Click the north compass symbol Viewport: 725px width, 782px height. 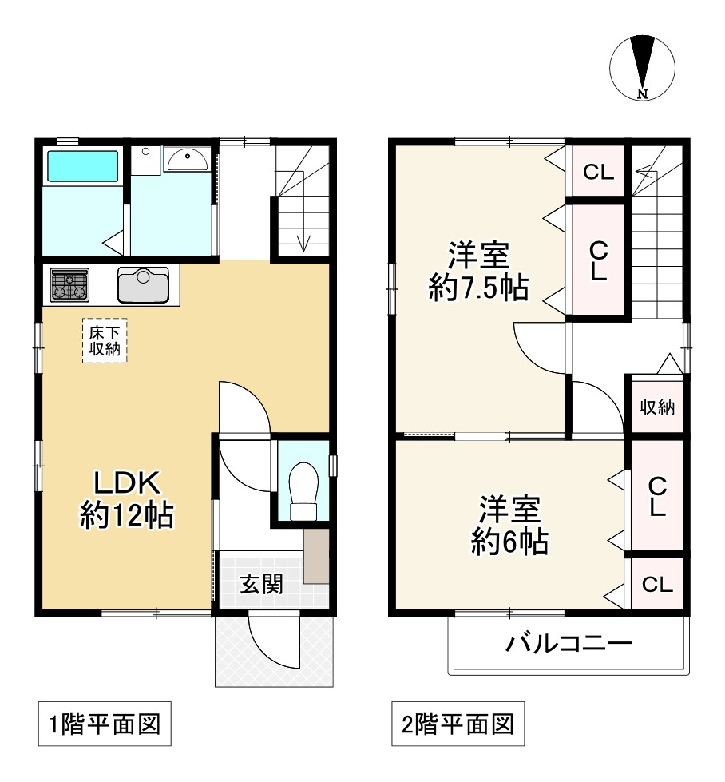643,67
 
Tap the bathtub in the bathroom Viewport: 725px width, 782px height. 82,167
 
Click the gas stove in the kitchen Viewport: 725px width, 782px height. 70,284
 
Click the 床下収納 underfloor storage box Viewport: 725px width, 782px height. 105,340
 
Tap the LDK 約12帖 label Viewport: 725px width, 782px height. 126,498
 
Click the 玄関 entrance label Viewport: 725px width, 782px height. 260,585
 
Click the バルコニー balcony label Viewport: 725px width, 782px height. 569,644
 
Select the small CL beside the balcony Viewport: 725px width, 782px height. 656,585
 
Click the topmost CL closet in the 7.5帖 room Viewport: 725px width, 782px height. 597,172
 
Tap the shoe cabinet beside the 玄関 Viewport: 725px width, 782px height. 315,556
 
